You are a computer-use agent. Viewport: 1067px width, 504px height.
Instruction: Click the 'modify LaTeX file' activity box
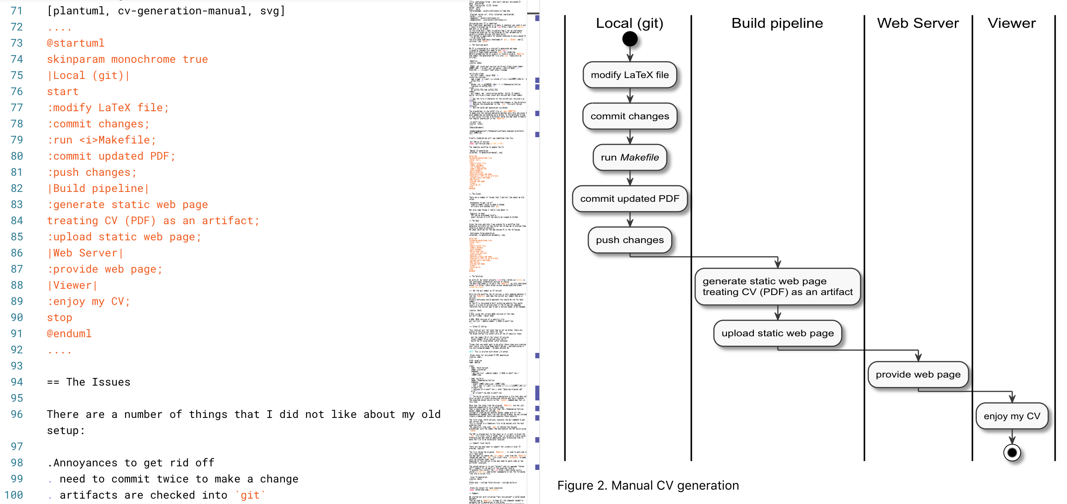tap(630, 75)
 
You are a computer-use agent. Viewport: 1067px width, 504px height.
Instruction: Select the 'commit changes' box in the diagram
tap(630, 116)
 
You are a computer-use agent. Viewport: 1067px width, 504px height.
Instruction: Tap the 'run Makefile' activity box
tap(630, 157)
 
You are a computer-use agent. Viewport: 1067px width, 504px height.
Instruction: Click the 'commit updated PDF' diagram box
tap(630, 199)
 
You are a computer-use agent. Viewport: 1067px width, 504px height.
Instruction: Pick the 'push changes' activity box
tap(630, 240)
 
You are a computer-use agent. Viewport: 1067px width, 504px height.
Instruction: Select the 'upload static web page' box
tap(777, 333)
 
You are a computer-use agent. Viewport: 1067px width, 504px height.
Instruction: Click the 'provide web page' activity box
tap(918, 374)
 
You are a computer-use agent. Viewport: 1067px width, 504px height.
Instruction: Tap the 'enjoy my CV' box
tap(1011, 416)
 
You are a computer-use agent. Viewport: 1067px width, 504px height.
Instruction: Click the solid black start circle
tap(630, 39)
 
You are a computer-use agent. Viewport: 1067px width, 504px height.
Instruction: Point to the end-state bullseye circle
tap(1012, 452)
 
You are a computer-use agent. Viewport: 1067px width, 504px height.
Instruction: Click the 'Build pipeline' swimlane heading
tap(777, 23)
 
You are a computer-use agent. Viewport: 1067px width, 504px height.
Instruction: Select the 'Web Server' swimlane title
tap(918, 23)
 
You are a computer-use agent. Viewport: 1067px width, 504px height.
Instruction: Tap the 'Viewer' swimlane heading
tap(1011, 23)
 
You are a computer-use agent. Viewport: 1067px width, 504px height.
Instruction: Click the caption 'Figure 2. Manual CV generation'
tap(648, 485)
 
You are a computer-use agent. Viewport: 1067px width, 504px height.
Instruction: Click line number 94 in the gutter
tap(17, 382)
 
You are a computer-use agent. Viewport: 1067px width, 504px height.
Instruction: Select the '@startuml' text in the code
tap(75, 43)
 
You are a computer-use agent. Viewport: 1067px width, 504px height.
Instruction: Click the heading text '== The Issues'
tap(89, 382)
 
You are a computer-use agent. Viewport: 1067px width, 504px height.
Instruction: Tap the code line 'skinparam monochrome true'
tap(127, 59)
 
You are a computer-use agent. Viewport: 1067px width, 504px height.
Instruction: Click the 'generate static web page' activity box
tap(777, 287)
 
